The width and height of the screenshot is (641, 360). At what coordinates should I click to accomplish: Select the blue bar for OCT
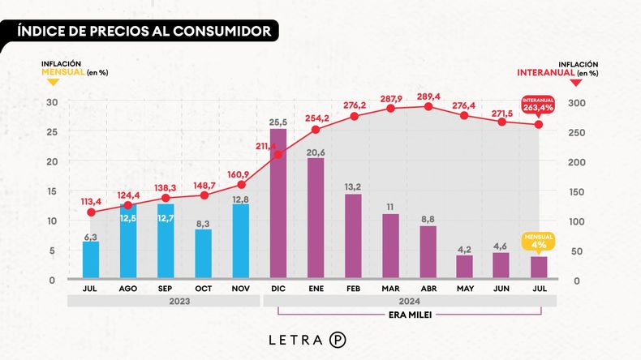point(203,255)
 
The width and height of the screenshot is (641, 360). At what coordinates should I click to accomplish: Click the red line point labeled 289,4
point(427,106)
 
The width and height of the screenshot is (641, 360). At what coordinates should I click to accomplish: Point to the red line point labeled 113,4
point(91,212)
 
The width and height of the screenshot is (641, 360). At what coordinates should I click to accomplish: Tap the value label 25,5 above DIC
point(278,122)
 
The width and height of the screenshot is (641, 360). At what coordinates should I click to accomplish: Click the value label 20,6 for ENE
point(316,152)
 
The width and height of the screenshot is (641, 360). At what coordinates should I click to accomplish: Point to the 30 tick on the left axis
point(51,102)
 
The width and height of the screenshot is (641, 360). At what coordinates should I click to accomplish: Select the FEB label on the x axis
point(353,288)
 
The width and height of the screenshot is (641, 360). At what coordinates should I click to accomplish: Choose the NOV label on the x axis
point(240,288)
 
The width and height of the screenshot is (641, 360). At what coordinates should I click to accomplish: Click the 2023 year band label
point(165,301)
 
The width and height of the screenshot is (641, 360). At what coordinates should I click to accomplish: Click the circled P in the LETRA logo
point(337,340)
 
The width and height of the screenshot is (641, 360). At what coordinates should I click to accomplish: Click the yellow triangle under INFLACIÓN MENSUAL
point(52,81)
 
